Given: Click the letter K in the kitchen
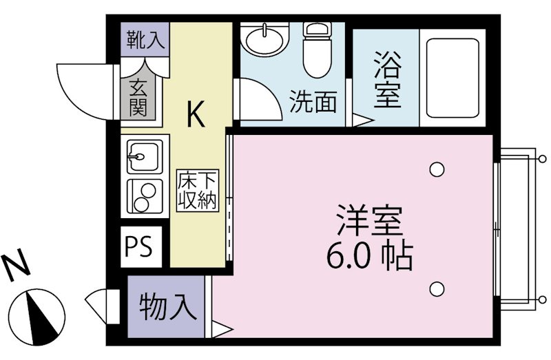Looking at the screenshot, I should pyautogui.click(x=196, y=114).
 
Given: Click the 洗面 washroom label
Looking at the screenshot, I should pyautogui.click(x=313, y=102).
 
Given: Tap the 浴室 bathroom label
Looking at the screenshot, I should pyautogui.click(x=387, y=83).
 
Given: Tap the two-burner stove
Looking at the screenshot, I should pyautogui.click(x=144, y=195).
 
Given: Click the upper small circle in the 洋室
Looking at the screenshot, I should pyautogui.click(x=436, y=169).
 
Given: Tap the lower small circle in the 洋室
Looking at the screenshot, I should pyautogui.click(x=436, y=289).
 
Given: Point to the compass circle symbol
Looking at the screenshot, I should pyautogui.click(x=39, y=317).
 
